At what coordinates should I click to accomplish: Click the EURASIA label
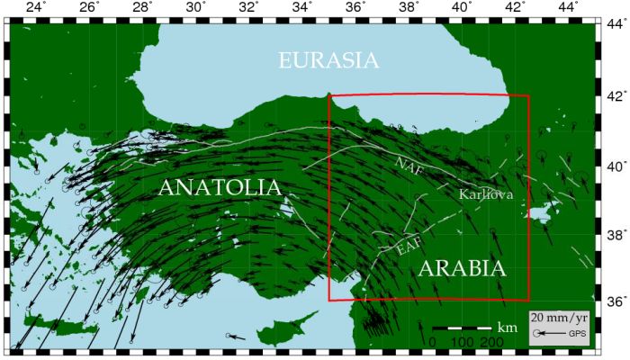328,60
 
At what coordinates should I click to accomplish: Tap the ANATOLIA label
220,187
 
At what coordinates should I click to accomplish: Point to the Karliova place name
486,194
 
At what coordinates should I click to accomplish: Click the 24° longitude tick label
36,8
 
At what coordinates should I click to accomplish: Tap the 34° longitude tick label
302,8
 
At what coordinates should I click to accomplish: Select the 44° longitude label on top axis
567,8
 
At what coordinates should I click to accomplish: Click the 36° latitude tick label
615,301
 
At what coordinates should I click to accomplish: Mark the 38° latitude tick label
615,234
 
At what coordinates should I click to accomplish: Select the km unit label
508,328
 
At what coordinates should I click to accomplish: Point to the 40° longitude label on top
462,8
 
